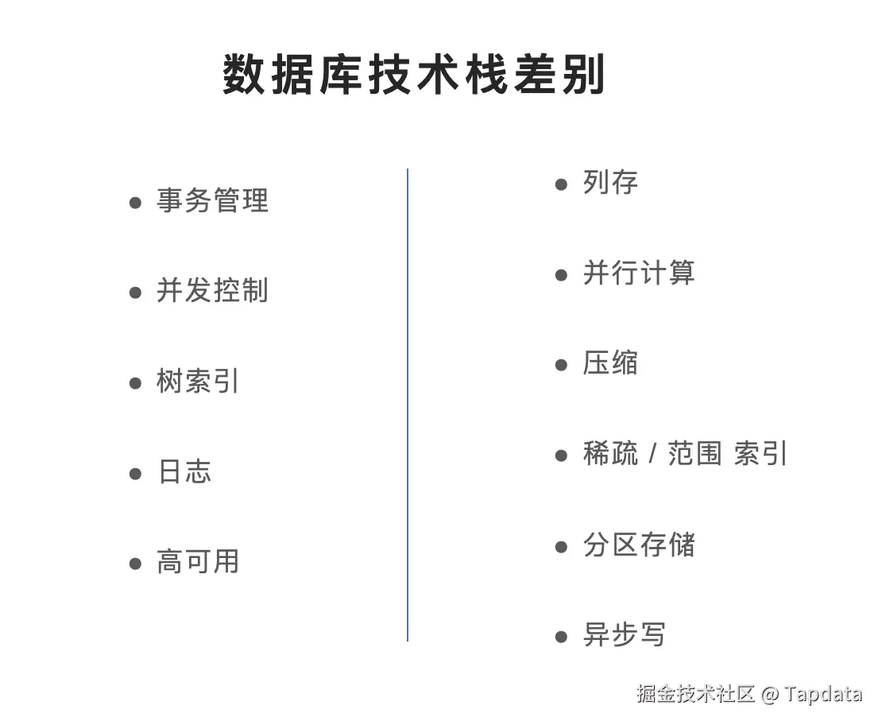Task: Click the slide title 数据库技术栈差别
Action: coord(414,76)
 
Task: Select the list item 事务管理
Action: coord(212,200)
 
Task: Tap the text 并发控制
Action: coord(212,291)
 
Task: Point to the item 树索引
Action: coord(198,382)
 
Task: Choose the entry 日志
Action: coord(184,471)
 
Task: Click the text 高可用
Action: coord(198,562)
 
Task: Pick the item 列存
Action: coord(610,183)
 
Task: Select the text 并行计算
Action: coord(639,273)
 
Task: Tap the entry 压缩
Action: coord(610,363)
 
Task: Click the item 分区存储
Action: coord(639,545)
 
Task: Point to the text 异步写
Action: coord(625,635)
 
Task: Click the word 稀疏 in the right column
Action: coord(610,454)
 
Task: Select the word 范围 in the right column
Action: coord(694,454)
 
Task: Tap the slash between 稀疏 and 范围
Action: coord(652,454)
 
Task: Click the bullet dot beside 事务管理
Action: coord(135,203)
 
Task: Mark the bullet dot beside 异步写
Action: coord(562,637)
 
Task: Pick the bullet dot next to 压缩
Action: coord(562,365)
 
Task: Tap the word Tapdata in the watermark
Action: coord(823,693)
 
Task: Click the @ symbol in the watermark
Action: coord(769,694)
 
